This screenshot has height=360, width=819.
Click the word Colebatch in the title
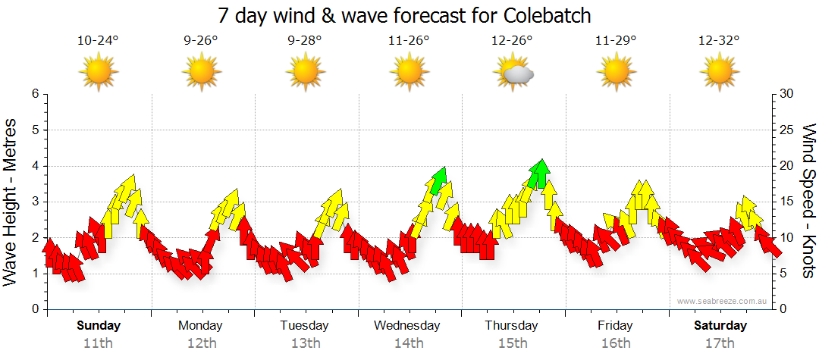[x=544, y=15]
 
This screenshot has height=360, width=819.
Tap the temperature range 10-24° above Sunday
[x=98, y=41]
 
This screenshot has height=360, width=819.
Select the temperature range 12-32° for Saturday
[x=719, y=41]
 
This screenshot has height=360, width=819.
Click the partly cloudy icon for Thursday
[x=513, y=73]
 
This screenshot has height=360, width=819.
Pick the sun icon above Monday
[x=201, y=73]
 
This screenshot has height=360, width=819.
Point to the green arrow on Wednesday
[x=439, y=180]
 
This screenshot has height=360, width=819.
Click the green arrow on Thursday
[x=539, y=173]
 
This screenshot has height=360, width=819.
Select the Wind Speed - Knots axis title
[x=808, y=201]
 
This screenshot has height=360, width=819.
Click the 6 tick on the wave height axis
[x=34, y=94]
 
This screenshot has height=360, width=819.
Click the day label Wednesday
[x=407, y=326]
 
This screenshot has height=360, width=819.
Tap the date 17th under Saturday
[x=720, y=343]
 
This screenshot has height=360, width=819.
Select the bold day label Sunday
[x=99, y=326]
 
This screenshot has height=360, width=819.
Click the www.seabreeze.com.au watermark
[x=723, y=302]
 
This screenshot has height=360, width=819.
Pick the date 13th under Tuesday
[x=305, y=343]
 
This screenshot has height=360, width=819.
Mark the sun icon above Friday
[x=616, y=73]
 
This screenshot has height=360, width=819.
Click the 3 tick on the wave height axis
[x=34, y=202]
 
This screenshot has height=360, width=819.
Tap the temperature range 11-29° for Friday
[x=615, y=41]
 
